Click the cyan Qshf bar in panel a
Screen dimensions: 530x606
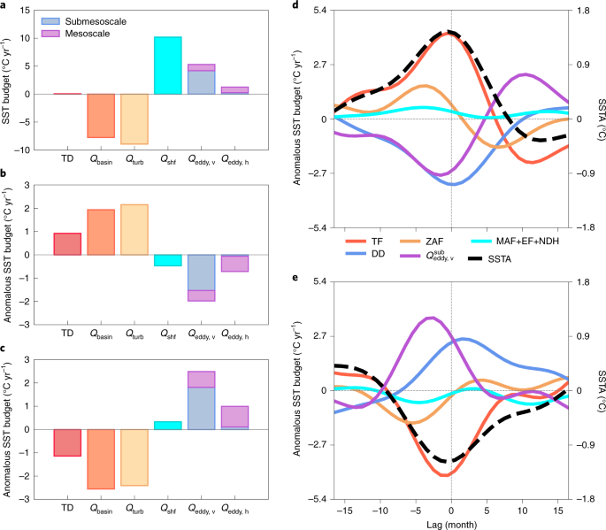(167, 65)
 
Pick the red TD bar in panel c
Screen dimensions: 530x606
(67, 442)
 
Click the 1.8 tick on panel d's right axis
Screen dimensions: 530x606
(586, 11)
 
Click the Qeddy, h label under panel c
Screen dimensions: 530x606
(235, 510)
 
